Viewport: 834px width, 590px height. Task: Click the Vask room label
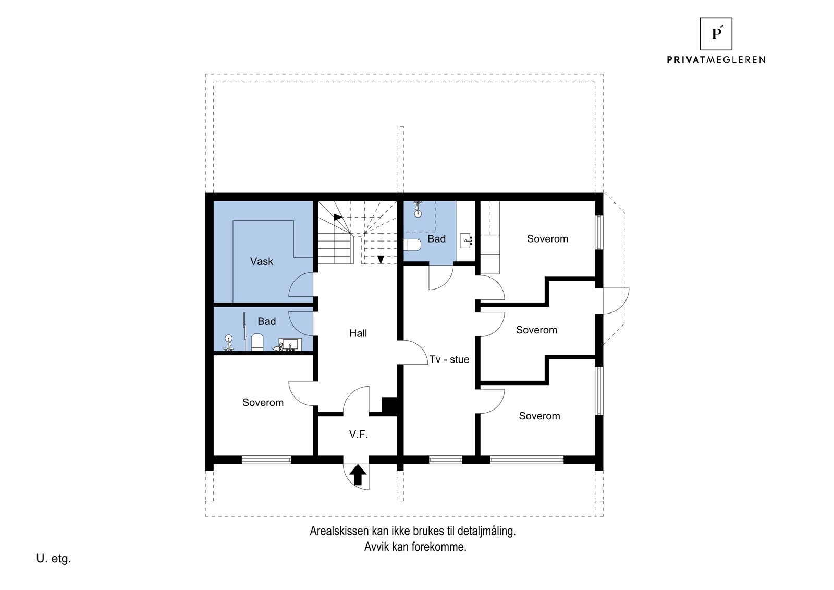pos(261,261)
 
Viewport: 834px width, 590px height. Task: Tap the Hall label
pos(358,333)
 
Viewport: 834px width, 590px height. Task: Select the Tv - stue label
pos(449,359)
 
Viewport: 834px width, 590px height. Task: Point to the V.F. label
pos(359,434)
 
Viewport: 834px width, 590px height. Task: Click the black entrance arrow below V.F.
pos(358,475)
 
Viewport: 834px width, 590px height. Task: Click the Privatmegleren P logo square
pos(716,33)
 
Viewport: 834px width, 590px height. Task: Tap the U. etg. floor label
pos(54,559)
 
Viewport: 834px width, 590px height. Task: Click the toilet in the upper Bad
pos(412,245)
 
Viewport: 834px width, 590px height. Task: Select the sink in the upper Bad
pos(467,241)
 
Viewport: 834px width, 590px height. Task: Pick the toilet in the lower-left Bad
pos(257,342)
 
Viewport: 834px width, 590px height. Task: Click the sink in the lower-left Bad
pos(290,345)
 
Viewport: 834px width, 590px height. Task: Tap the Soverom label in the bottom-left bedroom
pos(263,403)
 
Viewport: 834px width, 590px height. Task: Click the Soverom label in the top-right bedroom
pos(547,239)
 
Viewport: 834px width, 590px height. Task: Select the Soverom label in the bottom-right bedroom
pos(539,416)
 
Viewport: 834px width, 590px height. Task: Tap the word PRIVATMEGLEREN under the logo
pos(716,59)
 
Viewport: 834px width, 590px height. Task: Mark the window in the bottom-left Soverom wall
pos(266,460)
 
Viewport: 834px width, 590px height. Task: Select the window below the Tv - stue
pos(445,460)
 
